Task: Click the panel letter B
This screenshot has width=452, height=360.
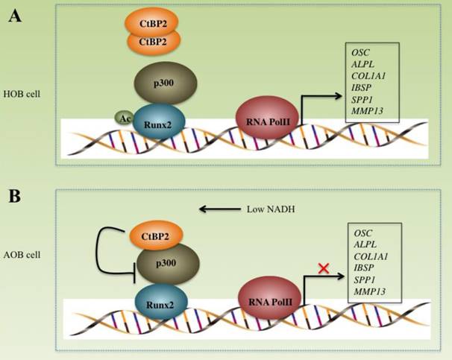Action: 15,198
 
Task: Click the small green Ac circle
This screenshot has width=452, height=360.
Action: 124,117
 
